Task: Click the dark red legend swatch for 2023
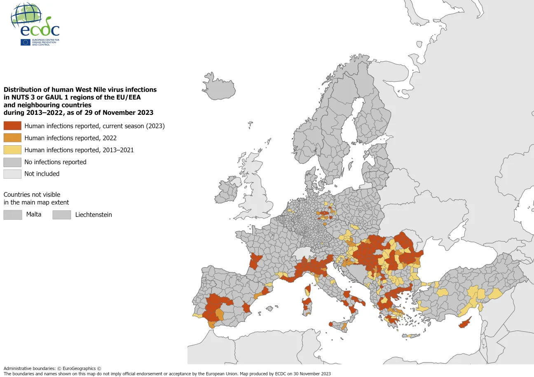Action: (12, 126)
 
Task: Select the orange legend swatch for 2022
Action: (12, 138)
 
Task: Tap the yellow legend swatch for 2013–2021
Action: (12, 150)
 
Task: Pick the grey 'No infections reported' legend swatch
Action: (12, 162)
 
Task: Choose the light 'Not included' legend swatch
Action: (12, 174)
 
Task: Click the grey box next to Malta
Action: (12, 214)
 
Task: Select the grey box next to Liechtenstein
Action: (62, 214)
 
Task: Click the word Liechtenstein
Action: (94, 214)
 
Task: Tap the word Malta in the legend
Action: (34, 214)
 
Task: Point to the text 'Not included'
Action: (42, 174)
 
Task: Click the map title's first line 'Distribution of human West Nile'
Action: (80, 89)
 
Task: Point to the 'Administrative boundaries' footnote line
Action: (52, 368)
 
